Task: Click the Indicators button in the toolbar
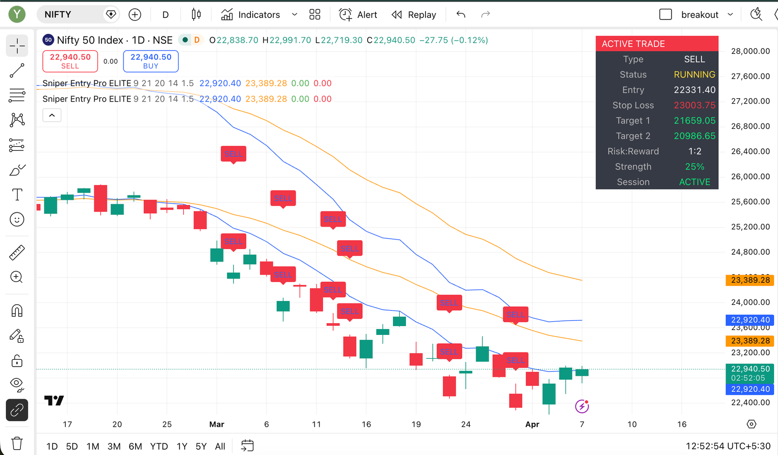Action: [251, 15]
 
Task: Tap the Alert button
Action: [358, 15]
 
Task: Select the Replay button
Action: [414, 15]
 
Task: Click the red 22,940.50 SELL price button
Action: [70, 61]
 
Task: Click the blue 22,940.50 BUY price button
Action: [151, 61]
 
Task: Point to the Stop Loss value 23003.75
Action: [694, 105]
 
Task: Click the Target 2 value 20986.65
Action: [694, 136]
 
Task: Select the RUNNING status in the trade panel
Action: [694, 74]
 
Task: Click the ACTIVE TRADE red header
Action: [656, 44]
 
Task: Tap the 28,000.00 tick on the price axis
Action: [750, 51]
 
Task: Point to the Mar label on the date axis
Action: [216, 424]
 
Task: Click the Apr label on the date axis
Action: [532, 424]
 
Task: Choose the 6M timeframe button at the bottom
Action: [135, 446]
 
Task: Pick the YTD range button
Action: [159, 446]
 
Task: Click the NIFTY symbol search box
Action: [73, 15]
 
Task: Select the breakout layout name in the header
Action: [700, 15]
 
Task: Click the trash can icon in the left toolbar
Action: [17, 443]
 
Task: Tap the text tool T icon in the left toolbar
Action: [17, 194]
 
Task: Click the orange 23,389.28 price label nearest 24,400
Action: [750, 280]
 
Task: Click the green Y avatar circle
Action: [17, 15]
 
